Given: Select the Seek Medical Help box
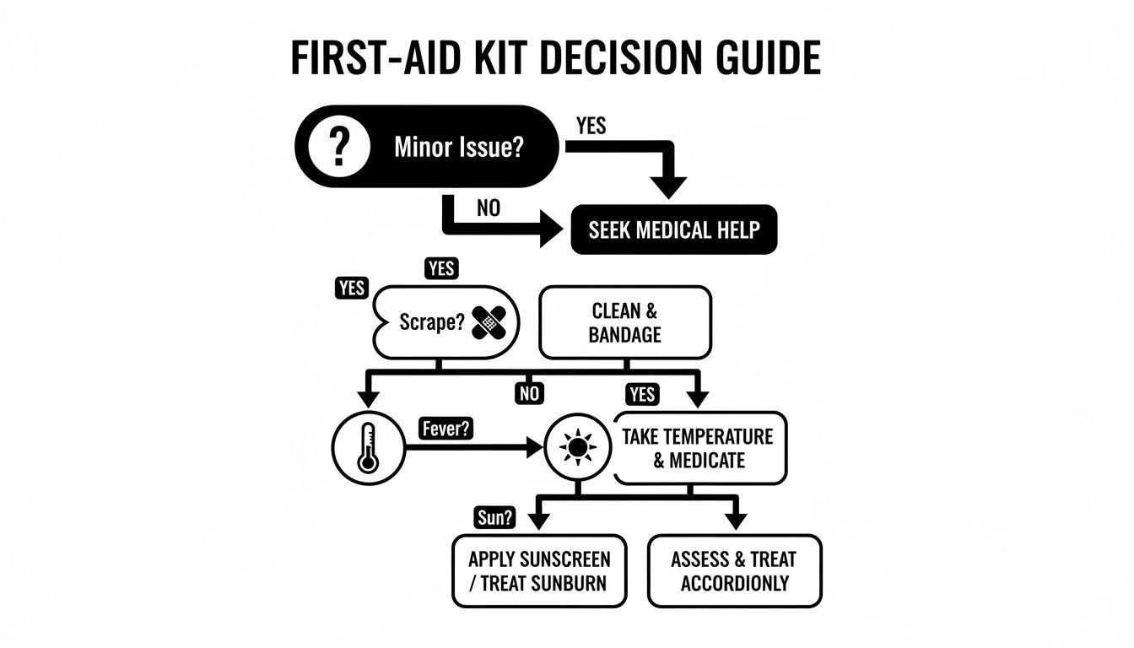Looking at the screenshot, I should [x=672, y=230].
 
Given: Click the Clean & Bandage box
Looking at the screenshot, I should [x=625, y=322].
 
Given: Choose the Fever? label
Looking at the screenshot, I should [x=445, y=429].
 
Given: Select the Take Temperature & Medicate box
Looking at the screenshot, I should [x=699, y=448].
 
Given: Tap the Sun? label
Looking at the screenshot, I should [x=494, y=518].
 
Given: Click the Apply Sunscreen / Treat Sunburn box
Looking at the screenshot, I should [x=539, y=570].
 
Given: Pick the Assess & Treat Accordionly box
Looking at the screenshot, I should [x=734, y=570].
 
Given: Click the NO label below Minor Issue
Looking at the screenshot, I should [x=488, y=208].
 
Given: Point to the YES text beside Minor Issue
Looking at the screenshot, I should [x=591, y=126].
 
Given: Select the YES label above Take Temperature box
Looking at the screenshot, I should [x=642, y=394].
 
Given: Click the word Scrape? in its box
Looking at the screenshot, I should [x=431, y=323].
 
